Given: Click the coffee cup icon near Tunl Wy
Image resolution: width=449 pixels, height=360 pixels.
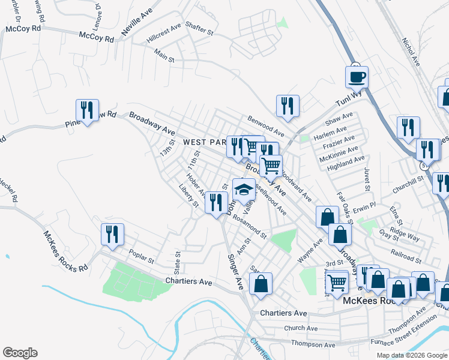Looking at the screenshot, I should tap(357, 77).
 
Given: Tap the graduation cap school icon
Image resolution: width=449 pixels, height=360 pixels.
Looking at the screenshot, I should tap(244, 190).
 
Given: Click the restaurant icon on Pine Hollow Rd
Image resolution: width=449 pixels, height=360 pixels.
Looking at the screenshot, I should tap(87, 110).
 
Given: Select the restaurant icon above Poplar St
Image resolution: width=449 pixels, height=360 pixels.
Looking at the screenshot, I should tap(112, 234).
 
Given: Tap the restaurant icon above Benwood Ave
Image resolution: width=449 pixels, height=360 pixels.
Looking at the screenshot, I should tap(288, 106).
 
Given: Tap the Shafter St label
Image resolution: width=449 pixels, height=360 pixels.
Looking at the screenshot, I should tap(199, 29).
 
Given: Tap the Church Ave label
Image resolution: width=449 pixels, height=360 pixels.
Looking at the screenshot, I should tap(301, 328).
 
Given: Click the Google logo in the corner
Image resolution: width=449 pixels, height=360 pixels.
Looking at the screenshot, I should tap(20, 352).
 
